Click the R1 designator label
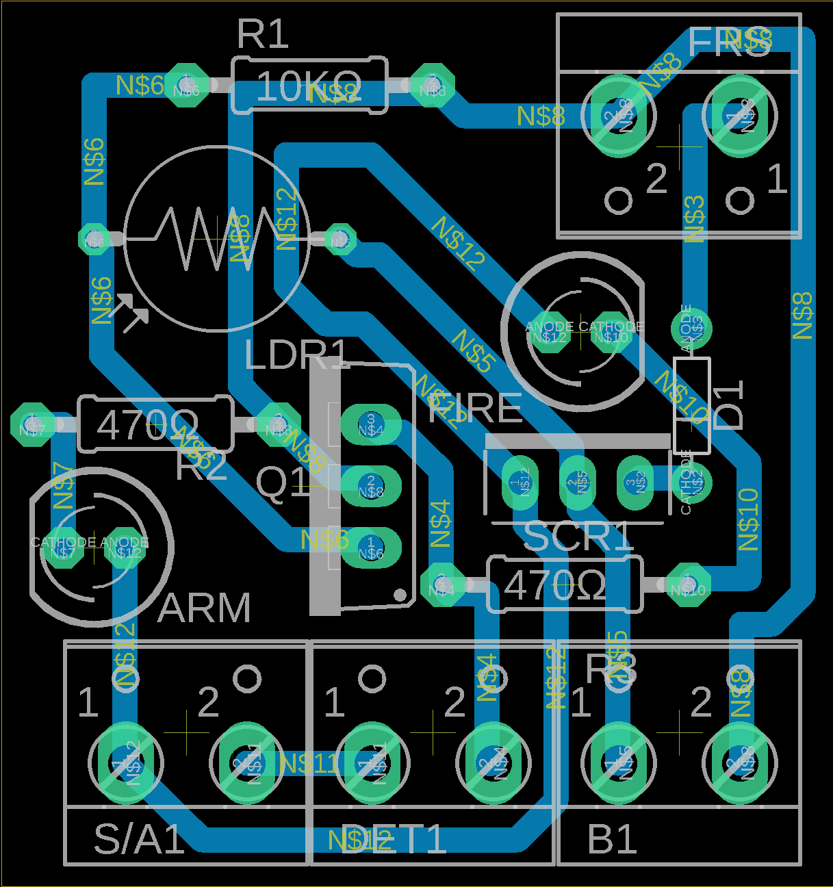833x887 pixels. click(x=263, y=34)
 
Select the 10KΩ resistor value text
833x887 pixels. click(x=308, y=88)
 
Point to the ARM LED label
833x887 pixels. click(x=204, y=608)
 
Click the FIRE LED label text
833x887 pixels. click(x=475, y=409)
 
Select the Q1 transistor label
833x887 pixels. click(x=283, y=483)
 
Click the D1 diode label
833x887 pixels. click(x=728, y=405)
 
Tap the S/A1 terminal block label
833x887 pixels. click(x=140, y=839)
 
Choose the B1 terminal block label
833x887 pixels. click(x=613, y=839)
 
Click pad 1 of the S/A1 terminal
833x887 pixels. click(x=126, y=762)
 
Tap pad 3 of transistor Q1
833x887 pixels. click(x=370, y=424)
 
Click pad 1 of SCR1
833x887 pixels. click(x=520, y=483)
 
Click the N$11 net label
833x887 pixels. click(x=309, y=763)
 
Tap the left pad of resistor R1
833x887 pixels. click(x=185, y=85)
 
